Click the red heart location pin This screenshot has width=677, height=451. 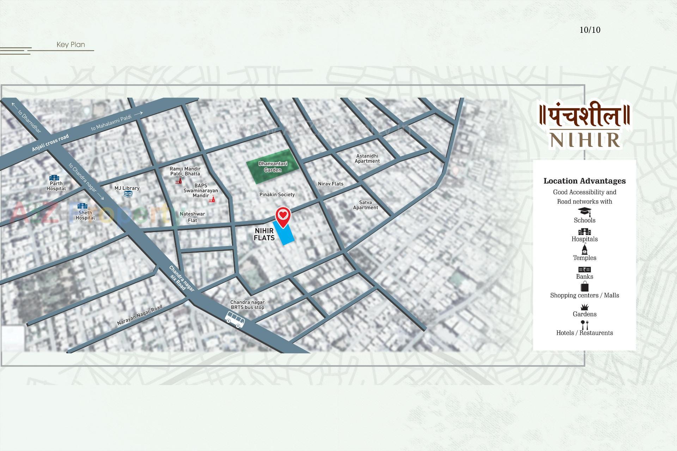tap(283, 215)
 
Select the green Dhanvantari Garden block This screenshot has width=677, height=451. tap(273, 167)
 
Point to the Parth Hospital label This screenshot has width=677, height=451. tap(56, 186)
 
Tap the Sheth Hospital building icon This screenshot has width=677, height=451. tap(82, 206)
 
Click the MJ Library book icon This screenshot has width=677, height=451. tap(128, 193)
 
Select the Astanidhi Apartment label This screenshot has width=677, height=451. tap(367, 159)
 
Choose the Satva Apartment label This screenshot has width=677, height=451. tap(365, 205)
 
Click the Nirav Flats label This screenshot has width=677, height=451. tap(330, 184)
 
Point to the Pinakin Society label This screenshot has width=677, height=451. tap(277, 194)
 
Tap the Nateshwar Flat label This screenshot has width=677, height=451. tap(192, 217)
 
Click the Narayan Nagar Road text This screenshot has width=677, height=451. tap(140, 315)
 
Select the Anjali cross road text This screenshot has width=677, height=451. tap(50, 143)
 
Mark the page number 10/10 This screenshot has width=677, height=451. tap(590, 30)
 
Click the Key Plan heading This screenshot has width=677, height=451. tap(71, 45)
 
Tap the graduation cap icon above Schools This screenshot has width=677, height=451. tap(584, 211)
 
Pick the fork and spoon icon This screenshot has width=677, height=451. tap(584, 325)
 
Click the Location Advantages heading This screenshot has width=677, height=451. tap(584, 181)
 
